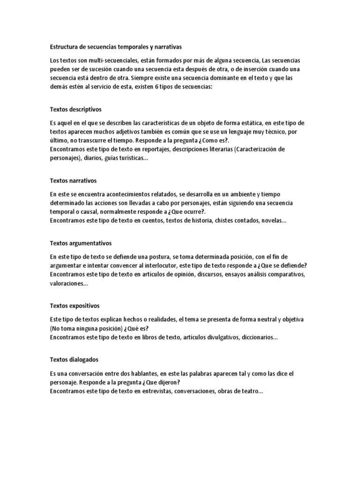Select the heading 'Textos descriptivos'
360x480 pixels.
(75, 109)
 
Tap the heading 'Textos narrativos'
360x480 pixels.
(73, 180)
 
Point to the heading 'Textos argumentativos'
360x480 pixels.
(81, 243)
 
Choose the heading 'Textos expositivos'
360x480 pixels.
(75, 306)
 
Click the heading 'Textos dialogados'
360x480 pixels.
(74, 360)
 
